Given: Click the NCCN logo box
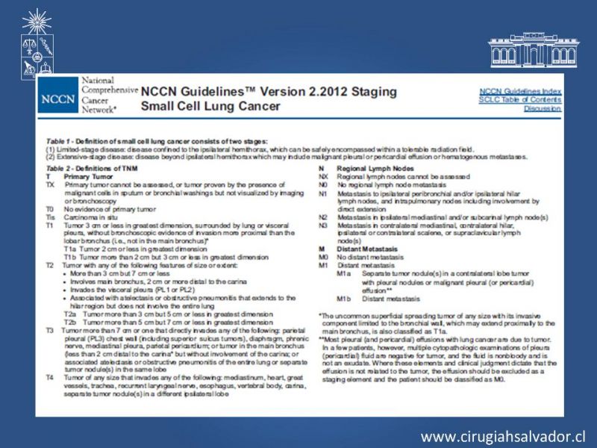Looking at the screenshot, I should (57, 99).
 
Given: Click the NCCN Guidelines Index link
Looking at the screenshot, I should (520, 91).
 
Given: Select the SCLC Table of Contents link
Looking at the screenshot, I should (520, 99).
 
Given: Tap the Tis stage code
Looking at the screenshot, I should (49, 217).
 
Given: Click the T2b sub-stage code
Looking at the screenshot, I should (69, 322).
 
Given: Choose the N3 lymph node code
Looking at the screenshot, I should (322, 225).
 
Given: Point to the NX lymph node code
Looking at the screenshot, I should (322, 177).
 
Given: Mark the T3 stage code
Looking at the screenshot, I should (49, 329).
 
